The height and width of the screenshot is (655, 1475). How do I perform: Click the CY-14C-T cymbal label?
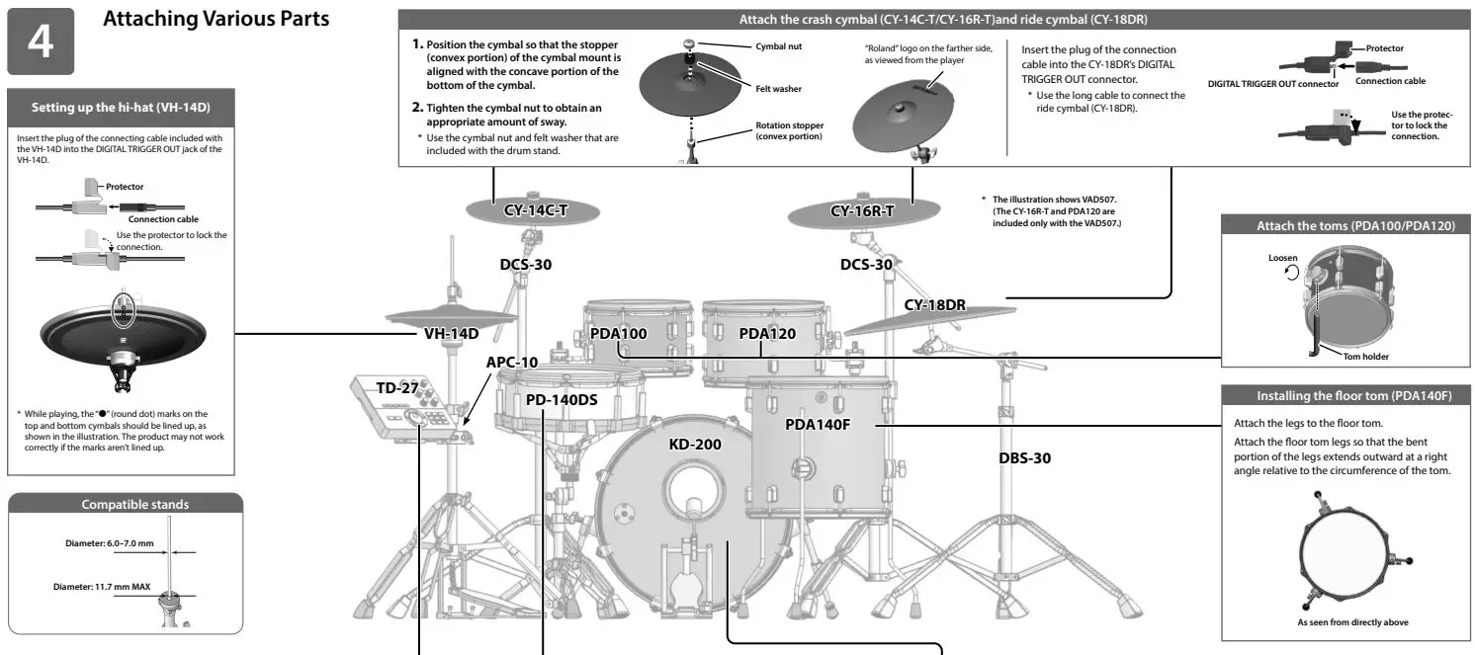click(536, 210)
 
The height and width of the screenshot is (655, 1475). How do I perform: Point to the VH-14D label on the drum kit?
click(451, 333)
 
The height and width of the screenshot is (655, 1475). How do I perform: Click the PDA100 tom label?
click(618, 333)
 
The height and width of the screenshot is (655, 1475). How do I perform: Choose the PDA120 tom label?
click(767, 333)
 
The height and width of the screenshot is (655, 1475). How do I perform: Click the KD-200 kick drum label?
click(695, 444)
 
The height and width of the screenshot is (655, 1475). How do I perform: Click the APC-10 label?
click(512, 362)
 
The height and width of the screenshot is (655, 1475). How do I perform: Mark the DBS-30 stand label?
click(1024, 457)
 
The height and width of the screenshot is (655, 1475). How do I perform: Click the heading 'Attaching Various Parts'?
click(217, 20)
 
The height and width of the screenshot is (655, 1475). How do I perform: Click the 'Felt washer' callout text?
click(778, 89)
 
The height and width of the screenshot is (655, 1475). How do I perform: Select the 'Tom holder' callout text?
click(1366, 357)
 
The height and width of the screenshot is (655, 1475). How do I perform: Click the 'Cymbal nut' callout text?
click(778, 46)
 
